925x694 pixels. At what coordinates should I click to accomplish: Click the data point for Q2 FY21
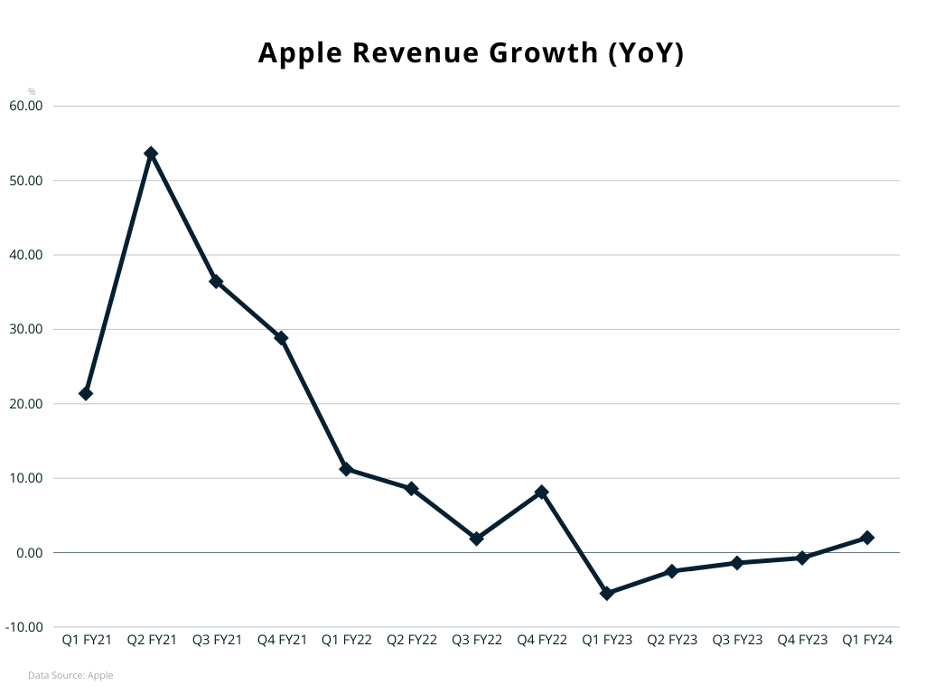[151, 154]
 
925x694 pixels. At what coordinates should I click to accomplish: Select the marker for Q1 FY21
[86, 393]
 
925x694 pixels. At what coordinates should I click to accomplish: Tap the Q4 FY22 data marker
[542, 492]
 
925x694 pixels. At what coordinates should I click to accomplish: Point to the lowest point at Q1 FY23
[607, 593]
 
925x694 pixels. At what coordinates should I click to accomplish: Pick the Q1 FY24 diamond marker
[867, 538]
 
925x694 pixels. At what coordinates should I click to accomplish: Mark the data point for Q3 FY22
[477, 539]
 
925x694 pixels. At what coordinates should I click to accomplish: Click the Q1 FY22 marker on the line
[346, 469]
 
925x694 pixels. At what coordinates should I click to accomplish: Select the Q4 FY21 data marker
[281, 338]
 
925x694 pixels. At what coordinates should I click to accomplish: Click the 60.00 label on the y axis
[26, 106]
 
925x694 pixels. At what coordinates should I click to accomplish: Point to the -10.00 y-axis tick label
[24, 627]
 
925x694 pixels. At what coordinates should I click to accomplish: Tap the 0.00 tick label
[30, 553]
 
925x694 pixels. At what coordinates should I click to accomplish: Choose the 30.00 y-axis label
[26, 329]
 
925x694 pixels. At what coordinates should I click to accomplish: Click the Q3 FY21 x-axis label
[217, 640]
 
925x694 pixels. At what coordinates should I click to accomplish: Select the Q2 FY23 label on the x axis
[672, 640]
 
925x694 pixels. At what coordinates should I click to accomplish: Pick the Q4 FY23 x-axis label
[802, 640]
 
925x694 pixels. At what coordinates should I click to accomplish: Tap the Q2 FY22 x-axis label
[412, 640]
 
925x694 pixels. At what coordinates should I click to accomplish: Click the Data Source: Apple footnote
[70, 675]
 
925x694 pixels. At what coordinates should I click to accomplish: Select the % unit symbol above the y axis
[32, 91]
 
